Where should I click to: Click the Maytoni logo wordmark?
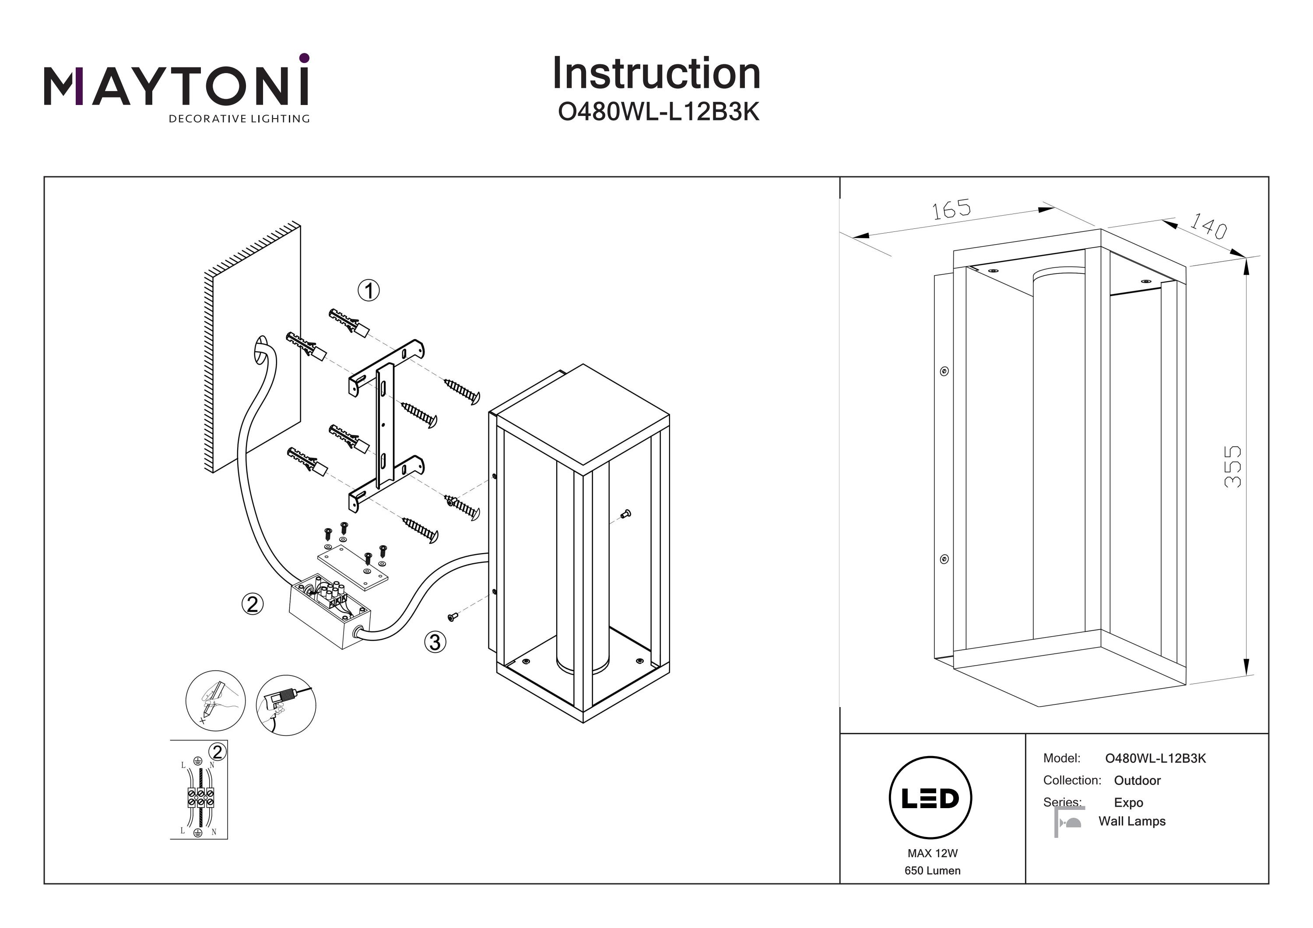coord(176,86)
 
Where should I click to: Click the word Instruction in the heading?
coord(656,74)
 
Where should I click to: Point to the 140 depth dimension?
coord(1208,226)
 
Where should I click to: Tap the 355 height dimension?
coord(1232,466)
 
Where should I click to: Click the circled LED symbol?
coord(930,798)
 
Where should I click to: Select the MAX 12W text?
coord(932,853)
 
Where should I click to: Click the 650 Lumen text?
coord(932,870)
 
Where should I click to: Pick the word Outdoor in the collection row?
coord(1137,781)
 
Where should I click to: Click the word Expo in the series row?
coord(1128,802)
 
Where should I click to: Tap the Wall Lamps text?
coord(1132,821)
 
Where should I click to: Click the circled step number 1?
coord(369,291)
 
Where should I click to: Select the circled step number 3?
coord(435,642)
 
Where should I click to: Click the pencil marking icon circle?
coord(216,700)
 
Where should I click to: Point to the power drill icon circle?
coord(286,705)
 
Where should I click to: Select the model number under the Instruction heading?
coord(658,112)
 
